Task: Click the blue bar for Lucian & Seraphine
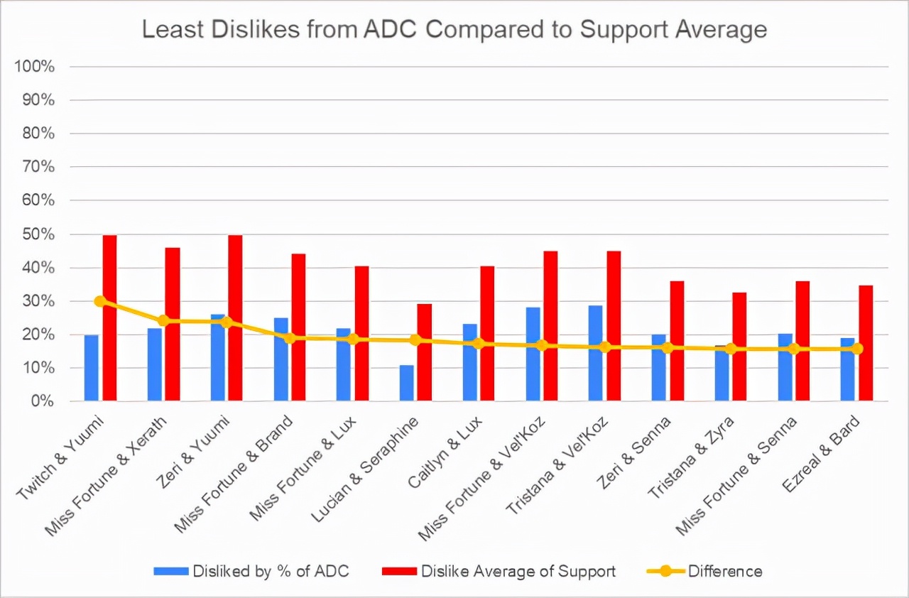[406, 384]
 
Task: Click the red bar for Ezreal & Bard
[866, 344]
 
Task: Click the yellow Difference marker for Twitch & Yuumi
[100, 301]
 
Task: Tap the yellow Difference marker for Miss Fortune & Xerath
[163, 320]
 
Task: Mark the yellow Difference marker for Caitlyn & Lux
[479, 344]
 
